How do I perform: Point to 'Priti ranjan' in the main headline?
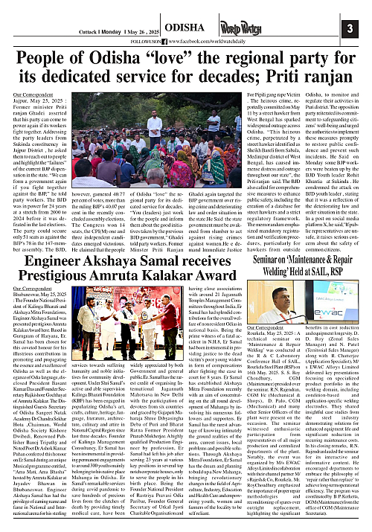tap(319, 78)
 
